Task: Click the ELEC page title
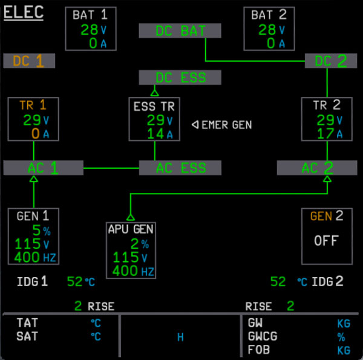click(x=24, y=13)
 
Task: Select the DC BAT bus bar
click(x=180, y=31)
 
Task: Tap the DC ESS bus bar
click(x=180, y=77)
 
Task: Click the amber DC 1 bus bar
click(x=28, y=61)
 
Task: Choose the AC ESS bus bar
click(x=180, y=168)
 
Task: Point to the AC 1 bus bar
click(x=43, y=168)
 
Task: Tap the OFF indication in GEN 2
click(x=325, y=240)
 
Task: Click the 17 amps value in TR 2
click(x=325, y=133)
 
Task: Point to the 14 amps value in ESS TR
click(x=155, y=134)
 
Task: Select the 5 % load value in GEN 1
click(x=37, y=231)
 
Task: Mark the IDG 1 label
click(x=32, y=281)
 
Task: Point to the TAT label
click(x=27, y=323)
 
